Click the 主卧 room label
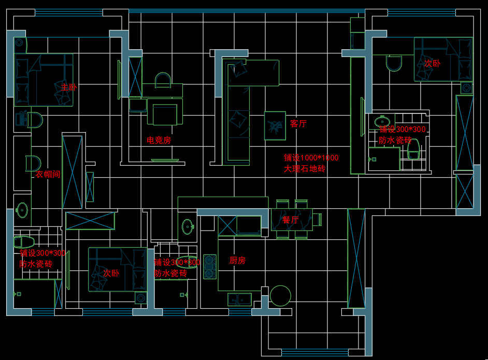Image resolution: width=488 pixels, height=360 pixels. [x=68, y=88]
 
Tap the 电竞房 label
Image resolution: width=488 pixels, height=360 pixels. [x=159, y=140]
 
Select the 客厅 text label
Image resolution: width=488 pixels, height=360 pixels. [x=298, y=124]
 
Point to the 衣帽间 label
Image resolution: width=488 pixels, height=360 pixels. [x=48, y=175]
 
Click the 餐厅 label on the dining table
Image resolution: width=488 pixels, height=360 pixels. [x=291, y=220]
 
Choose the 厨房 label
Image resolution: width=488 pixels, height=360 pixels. [x=237, y=261]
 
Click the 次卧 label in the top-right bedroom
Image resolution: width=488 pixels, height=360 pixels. [x=432, y=64]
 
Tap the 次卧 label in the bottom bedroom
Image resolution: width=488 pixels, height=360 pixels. [x=111, y=273]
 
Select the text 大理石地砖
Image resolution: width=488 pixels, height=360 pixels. [x=305, y=169]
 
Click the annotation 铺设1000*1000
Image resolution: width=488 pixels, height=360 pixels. [x=311, y=158]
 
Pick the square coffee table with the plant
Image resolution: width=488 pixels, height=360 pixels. [x=275, y=125]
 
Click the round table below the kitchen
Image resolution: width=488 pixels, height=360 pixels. [x=280, y=296]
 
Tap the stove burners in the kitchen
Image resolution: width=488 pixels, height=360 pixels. [x=209, y=266]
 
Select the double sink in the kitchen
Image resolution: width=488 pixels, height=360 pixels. [x=239, y=299]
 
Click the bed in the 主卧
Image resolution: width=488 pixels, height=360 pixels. [x=44, y=80]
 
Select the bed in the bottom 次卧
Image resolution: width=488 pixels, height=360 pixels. [x=118, y=269]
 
